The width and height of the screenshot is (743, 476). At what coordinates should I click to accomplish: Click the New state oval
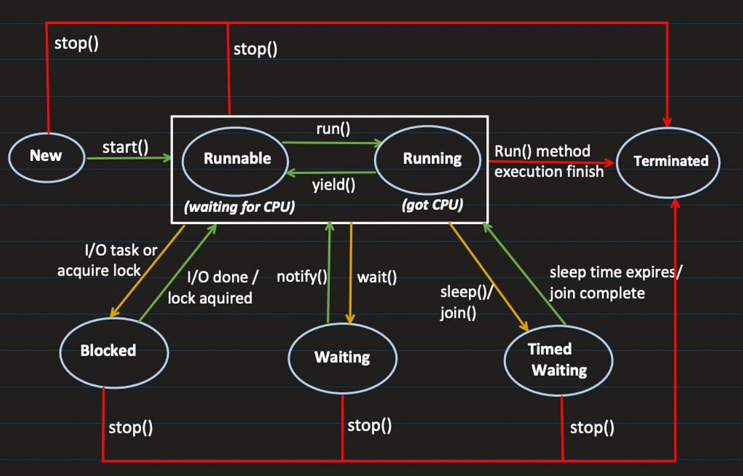coord(46,156)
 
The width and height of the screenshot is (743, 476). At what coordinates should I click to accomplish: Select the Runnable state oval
coord(237,158)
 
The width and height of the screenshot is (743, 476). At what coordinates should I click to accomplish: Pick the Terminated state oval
coord(671,161)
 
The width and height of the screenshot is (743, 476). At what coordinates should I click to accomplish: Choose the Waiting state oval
coord(342,357)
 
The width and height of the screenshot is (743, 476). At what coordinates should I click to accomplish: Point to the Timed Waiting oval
coord(558,360)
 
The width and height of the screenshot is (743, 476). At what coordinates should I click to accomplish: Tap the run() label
coord(333,129)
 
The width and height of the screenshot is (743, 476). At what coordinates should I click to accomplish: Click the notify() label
coord(302,277)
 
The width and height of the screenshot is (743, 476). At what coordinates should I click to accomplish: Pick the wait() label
coord(376,277)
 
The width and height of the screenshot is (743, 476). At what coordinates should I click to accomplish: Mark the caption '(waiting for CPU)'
coord(239,207)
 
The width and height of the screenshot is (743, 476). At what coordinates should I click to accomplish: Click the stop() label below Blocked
coord(131,428)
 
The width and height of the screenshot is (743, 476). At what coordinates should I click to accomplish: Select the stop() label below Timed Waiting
coord(592,428)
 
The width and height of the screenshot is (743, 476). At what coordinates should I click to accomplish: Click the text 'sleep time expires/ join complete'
coord(614,283)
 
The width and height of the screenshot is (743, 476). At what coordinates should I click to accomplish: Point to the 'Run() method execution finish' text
coord(549,162)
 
